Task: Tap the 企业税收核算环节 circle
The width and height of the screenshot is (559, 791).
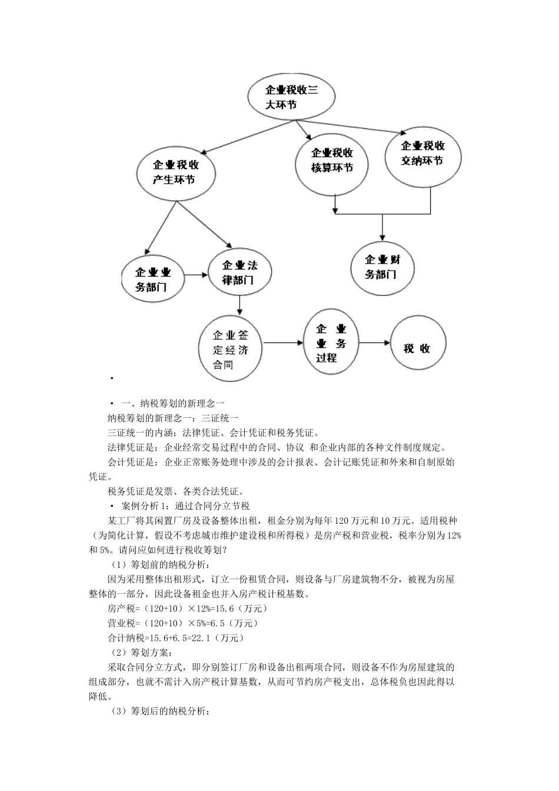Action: coord(332,161)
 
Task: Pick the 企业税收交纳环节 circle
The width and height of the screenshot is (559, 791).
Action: coord(422,153)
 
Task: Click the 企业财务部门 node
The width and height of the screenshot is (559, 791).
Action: coord(382,268)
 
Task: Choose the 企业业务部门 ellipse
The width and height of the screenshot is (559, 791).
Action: coord(153,280)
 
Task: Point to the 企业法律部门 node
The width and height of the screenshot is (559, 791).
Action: coord(238,273)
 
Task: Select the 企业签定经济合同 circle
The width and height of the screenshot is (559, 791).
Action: coord(231,350)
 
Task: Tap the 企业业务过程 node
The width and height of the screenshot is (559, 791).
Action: coord(331,344)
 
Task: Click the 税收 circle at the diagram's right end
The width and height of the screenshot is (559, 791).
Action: coord(418,348)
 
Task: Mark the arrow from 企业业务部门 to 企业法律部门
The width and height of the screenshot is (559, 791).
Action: coord(197,274)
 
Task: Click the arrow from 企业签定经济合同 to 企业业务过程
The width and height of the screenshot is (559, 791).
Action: coord(283,343)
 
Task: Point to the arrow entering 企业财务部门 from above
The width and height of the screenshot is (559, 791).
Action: coord(382,227)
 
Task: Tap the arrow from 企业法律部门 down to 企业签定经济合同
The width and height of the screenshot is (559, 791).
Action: coord(239,304)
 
